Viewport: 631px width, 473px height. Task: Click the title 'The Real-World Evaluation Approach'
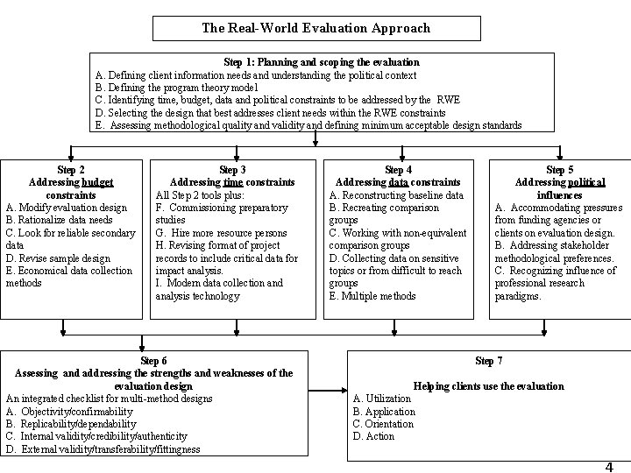315,28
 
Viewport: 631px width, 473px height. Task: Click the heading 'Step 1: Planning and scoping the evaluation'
322,62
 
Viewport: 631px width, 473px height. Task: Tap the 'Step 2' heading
71,169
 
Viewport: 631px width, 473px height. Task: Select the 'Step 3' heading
231,169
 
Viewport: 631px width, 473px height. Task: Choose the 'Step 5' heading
559,169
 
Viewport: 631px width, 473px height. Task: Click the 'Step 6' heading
153,361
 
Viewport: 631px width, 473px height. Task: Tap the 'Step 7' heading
488,361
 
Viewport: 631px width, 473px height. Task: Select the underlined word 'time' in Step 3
232,182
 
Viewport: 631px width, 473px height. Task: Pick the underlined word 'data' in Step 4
399,182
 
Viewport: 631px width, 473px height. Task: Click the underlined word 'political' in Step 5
585,182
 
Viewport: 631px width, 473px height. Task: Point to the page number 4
608,467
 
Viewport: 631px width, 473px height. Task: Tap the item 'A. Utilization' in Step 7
381,399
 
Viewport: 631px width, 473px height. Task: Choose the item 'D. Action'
373,436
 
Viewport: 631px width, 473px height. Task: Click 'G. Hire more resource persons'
220,233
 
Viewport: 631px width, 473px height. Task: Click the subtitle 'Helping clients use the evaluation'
488,386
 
